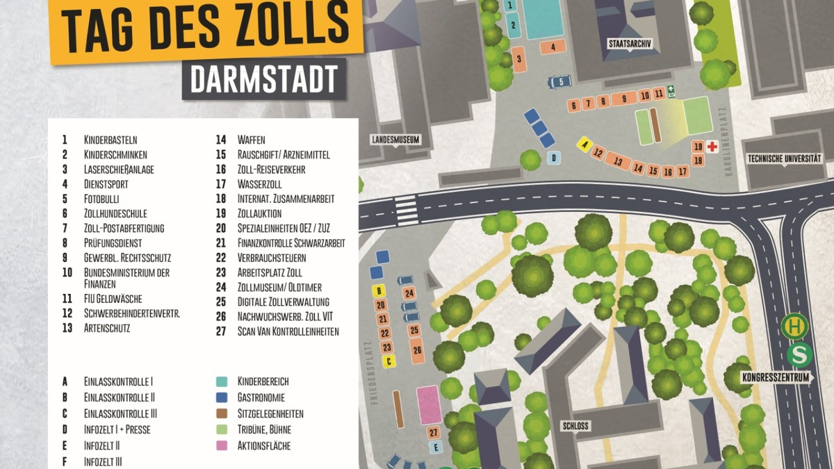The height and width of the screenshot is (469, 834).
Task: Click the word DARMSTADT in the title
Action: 264,79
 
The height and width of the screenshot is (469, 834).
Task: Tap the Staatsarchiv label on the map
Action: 629,43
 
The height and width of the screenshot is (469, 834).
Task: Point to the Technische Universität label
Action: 785,158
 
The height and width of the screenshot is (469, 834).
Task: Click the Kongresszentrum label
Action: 776,378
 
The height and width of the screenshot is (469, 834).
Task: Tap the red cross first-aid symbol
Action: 712,147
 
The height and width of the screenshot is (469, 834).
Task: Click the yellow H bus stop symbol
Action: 794,326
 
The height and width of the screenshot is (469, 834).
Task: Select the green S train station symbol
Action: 800,355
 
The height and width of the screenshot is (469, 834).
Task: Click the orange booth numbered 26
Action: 417,349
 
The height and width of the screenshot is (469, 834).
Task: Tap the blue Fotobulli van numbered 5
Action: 559,82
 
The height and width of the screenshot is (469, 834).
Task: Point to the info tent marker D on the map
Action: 553,158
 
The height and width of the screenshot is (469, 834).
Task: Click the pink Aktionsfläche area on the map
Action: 428,405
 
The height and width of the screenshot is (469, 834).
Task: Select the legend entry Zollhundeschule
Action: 115,213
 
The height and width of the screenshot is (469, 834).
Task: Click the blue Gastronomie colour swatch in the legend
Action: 222,397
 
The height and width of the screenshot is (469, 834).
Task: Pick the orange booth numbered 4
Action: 553,47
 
